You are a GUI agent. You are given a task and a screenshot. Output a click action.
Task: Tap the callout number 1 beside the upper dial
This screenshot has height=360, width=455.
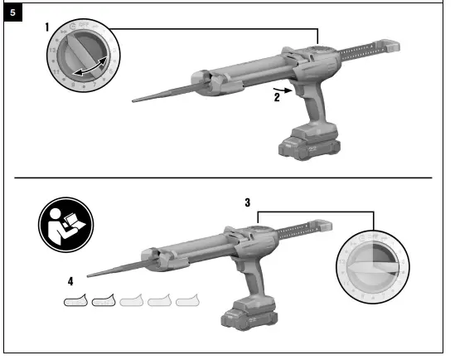[49, 27]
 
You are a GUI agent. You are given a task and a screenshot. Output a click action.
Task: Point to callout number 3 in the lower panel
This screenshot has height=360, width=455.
[248, 202]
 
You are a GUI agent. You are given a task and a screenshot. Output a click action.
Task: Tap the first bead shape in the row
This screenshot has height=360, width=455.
[76, 300]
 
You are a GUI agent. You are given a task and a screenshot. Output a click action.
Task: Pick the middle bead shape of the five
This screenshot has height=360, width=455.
[133, 300]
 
